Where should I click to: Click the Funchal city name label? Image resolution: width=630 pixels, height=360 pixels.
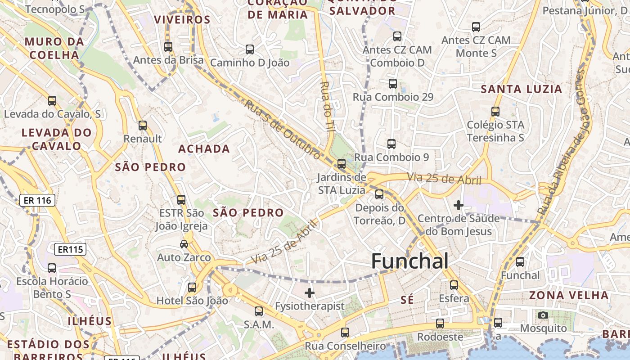point(409,261)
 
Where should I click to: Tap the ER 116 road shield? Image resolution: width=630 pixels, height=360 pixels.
point(37,200)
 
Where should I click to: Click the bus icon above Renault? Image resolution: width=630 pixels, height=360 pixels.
point(143,126)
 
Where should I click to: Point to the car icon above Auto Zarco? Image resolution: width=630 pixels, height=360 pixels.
point(184,244)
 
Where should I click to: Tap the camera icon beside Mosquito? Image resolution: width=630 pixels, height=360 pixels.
point(543,315)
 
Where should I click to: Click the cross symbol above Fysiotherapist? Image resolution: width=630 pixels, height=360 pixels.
point(310,293)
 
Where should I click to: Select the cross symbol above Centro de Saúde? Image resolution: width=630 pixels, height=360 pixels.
point(459,206)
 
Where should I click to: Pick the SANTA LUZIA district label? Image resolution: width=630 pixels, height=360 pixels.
point(522,89)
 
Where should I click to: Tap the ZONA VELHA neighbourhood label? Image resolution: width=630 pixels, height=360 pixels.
point(569,296)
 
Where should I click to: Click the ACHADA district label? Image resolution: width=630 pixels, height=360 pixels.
point(204,149)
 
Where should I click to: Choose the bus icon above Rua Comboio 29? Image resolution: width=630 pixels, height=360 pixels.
point(393,83)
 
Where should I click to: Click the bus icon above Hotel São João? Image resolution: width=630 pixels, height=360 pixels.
point(192,287)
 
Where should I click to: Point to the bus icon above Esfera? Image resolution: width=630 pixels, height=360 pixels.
point(454,285)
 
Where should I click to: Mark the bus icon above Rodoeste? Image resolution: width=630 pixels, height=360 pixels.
point(440,323)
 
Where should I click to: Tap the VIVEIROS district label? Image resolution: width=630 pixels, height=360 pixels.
point(182,20)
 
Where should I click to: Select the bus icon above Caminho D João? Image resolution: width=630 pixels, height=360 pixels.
point(250,49)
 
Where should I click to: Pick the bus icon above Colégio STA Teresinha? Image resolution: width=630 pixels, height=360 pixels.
point(495,111)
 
